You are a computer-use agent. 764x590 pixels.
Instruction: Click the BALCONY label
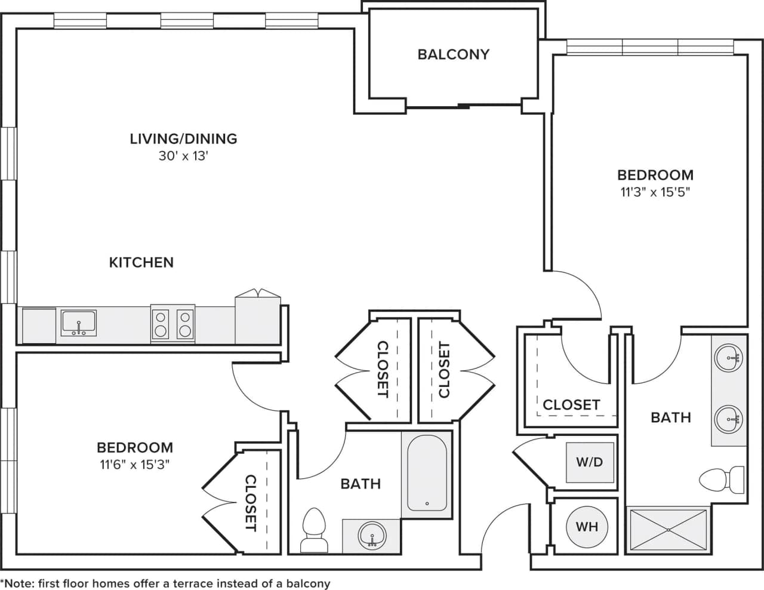(x=453, y=54)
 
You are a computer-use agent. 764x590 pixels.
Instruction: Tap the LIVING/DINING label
(x=183, y=139)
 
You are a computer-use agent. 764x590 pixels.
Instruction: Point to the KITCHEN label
(x=141, y=262)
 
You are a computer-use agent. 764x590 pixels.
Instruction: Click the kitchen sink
(x=78, y=323)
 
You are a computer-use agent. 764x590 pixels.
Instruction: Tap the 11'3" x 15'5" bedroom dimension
(x=655, y=192)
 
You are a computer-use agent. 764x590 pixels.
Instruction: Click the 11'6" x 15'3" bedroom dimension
(x=135, y=465)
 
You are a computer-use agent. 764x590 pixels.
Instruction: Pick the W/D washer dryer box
(x=590, y=462)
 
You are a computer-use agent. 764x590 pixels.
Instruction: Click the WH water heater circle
(x=587, y=527)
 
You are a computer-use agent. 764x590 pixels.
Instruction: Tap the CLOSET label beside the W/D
(x=571, y=405)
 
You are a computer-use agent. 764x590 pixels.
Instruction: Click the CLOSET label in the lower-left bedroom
(x=250, y=503)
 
